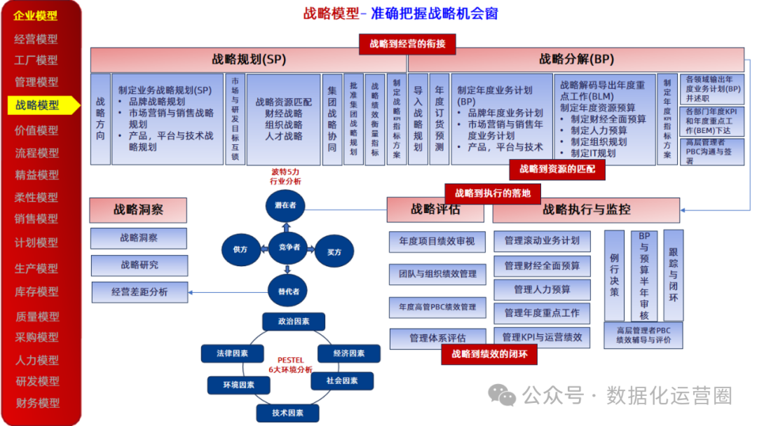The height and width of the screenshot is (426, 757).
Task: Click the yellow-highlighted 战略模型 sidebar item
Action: click(x=39, y=105)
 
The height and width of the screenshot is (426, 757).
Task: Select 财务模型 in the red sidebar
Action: click(x=37, y=403)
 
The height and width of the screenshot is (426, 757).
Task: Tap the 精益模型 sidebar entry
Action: click(x=37, y=175)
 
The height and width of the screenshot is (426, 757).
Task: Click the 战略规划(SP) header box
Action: click(x=248, y=59)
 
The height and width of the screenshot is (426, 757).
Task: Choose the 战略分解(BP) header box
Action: click(x=576, y=59)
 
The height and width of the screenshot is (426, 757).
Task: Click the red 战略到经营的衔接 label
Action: click(x=407, y=43)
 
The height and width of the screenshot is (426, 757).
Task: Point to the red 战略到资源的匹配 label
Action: click(x=557, y=169)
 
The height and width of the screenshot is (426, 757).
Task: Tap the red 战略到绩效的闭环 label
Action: click(x=489, y=355)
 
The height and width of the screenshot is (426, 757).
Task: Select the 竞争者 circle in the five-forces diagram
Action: click(x=289, y=247)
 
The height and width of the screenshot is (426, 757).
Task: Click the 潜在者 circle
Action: click(x=285, y=205)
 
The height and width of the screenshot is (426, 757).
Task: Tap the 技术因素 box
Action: click(x=287, y=413)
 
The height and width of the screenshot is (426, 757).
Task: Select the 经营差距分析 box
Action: click(x=139, y=291)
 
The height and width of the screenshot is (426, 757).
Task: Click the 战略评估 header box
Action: click(x=436, y=209)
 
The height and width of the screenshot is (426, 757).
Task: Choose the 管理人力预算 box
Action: click(x=542, y=289)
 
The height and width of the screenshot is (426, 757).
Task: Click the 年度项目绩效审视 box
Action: click(x=437, y=242)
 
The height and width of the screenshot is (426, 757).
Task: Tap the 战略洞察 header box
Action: click(x=138, y=209)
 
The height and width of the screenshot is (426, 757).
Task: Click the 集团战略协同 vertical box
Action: click(x=332, y=119)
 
